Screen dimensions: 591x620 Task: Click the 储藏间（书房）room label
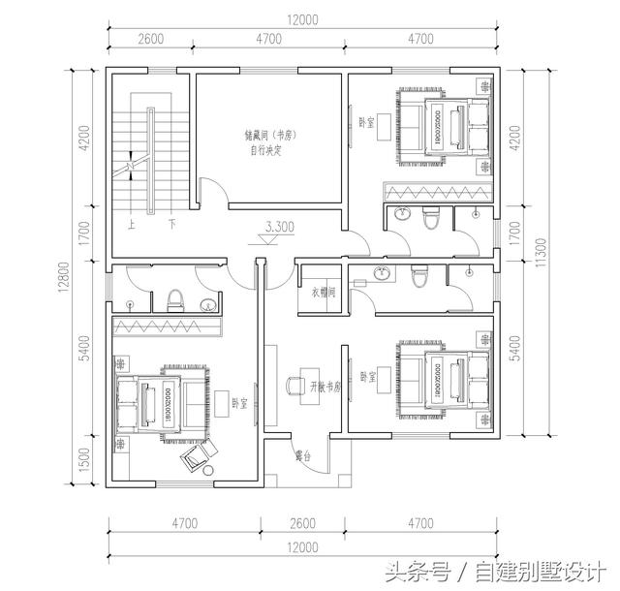268,136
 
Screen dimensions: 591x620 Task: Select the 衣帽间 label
323,293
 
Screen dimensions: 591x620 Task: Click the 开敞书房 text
326,386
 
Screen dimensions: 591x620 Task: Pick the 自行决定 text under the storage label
264,151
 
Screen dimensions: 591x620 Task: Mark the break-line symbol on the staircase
129,170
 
